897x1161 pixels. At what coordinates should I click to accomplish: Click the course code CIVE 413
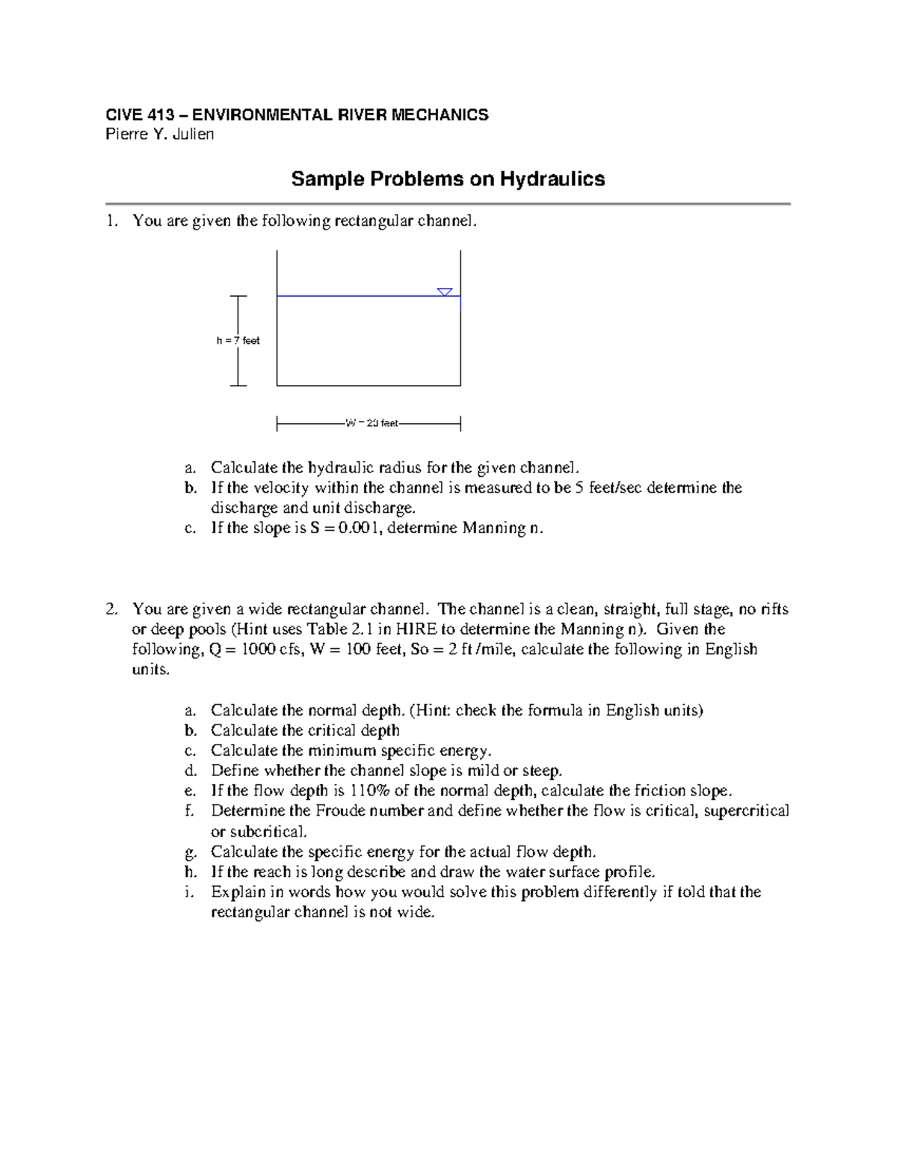140,115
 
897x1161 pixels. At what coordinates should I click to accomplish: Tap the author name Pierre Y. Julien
159,135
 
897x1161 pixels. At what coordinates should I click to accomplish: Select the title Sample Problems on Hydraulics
448,179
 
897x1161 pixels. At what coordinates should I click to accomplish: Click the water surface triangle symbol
445,292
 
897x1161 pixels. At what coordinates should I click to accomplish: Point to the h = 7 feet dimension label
238,341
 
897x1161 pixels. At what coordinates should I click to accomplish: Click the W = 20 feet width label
372,424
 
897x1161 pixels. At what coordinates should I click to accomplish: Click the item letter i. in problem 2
190,892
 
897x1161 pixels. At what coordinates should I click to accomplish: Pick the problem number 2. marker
111,609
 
